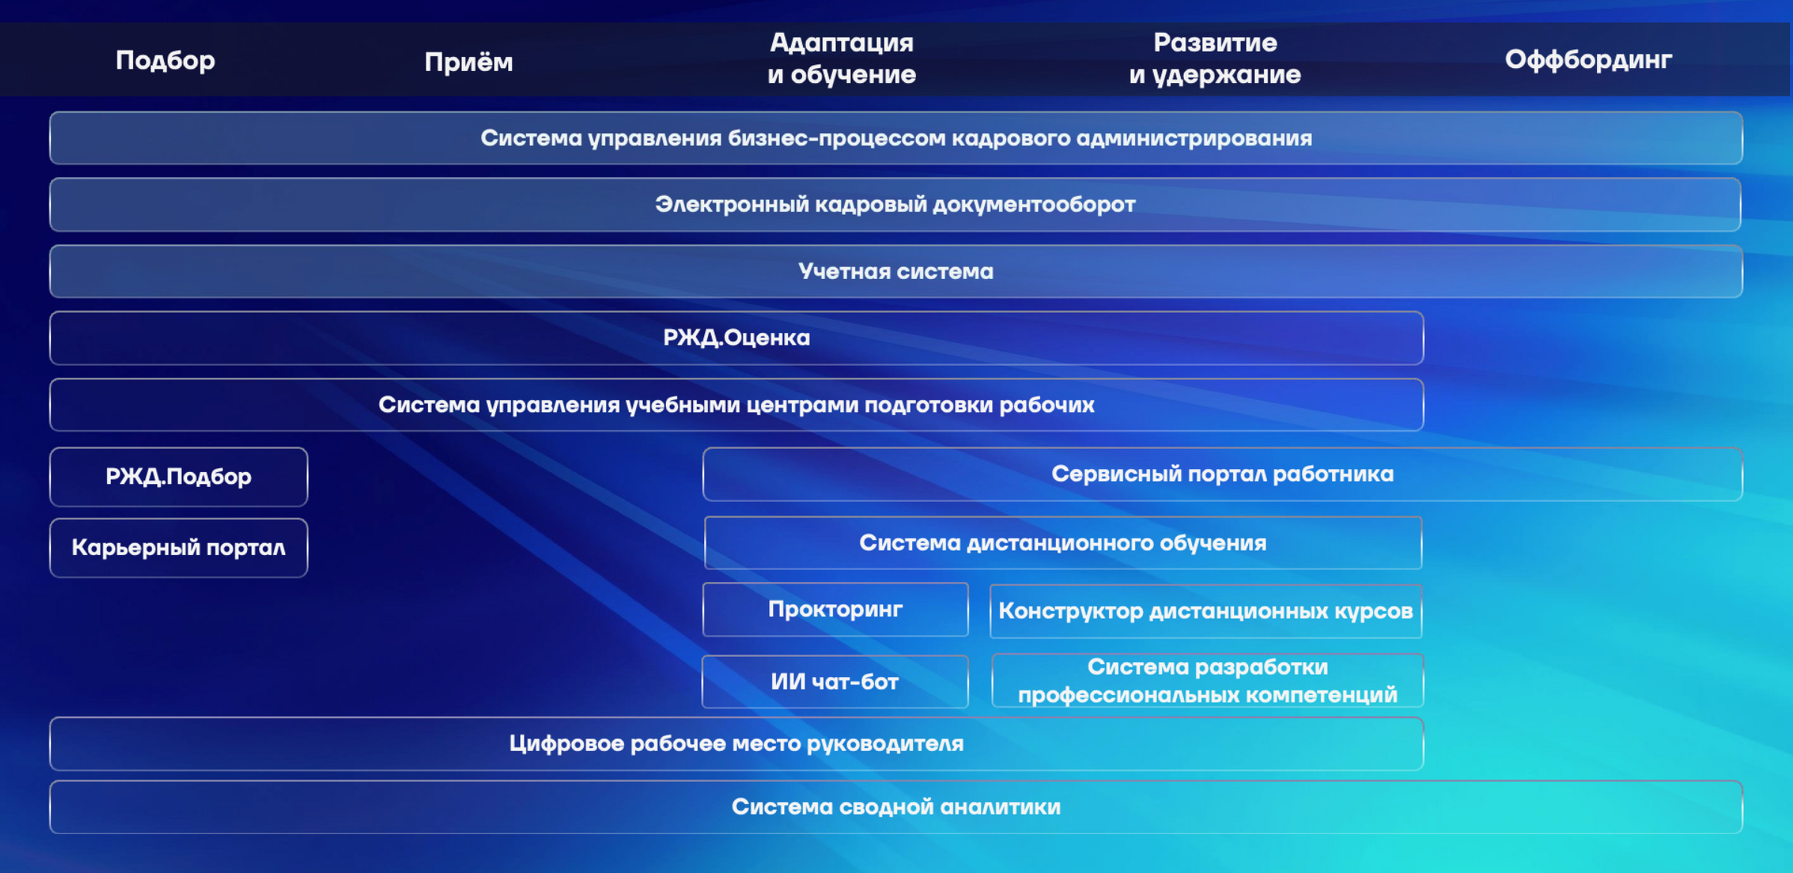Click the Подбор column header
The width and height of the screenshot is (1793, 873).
[x=165, y=60]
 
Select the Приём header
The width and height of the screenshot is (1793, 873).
[x=468, y=61]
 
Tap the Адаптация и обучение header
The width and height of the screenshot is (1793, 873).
[x=842, y=58]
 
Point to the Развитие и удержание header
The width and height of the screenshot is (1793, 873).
[x=1215, y=58]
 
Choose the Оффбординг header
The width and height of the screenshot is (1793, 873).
[x=1588, y=59]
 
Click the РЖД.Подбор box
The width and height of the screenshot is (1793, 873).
[x=179, y=477]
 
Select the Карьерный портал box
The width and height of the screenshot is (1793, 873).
[x=179, y=548]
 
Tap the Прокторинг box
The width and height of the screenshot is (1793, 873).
[x=835, y=610]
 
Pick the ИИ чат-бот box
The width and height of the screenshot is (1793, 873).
[x=835, y=681]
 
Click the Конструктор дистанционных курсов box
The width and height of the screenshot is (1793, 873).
[x=1206, y=611]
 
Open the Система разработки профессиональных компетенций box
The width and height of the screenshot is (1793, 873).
[x=1207, y=681]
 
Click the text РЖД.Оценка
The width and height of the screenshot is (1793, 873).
[x=736, y=338]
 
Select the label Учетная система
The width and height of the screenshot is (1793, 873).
[x=896, y=272]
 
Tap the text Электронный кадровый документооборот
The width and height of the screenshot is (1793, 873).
[x=895, y=204]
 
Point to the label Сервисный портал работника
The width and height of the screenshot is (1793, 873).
[x=1223, y=474]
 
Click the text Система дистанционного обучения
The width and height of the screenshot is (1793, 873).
[x=1063, y=543]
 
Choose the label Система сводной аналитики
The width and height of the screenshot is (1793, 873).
[x=896, y=806]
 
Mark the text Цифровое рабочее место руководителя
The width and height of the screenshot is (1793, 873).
[x=736, y=744]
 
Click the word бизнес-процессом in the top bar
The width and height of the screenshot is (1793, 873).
[x=837, y=138]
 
